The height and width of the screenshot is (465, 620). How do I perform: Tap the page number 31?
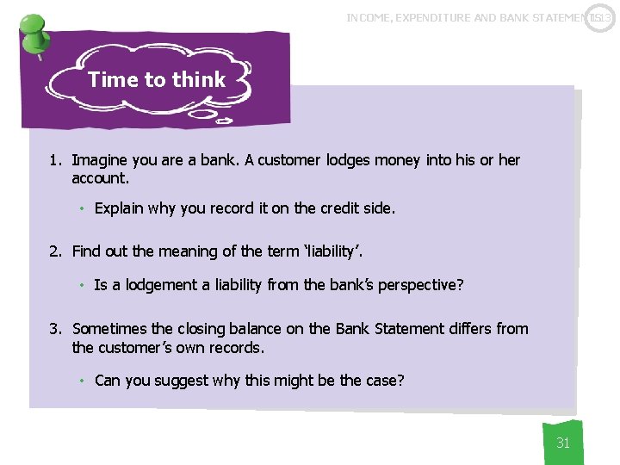pos(563,443)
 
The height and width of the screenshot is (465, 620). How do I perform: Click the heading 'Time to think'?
pos(157,80)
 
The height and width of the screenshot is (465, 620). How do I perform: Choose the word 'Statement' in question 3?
pos(408,328)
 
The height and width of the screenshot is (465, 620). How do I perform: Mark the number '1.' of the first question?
pos(56,160)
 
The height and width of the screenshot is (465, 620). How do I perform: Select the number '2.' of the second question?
pos(56,251)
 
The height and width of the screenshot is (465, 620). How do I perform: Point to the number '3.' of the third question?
pos(56,328)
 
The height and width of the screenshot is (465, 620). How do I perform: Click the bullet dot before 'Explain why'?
pos(81,208)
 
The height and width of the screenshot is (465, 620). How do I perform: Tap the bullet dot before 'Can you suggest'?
pos(81,381)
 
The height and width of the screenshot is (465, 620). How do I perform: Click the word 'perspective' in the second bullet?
pos(418,285)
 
